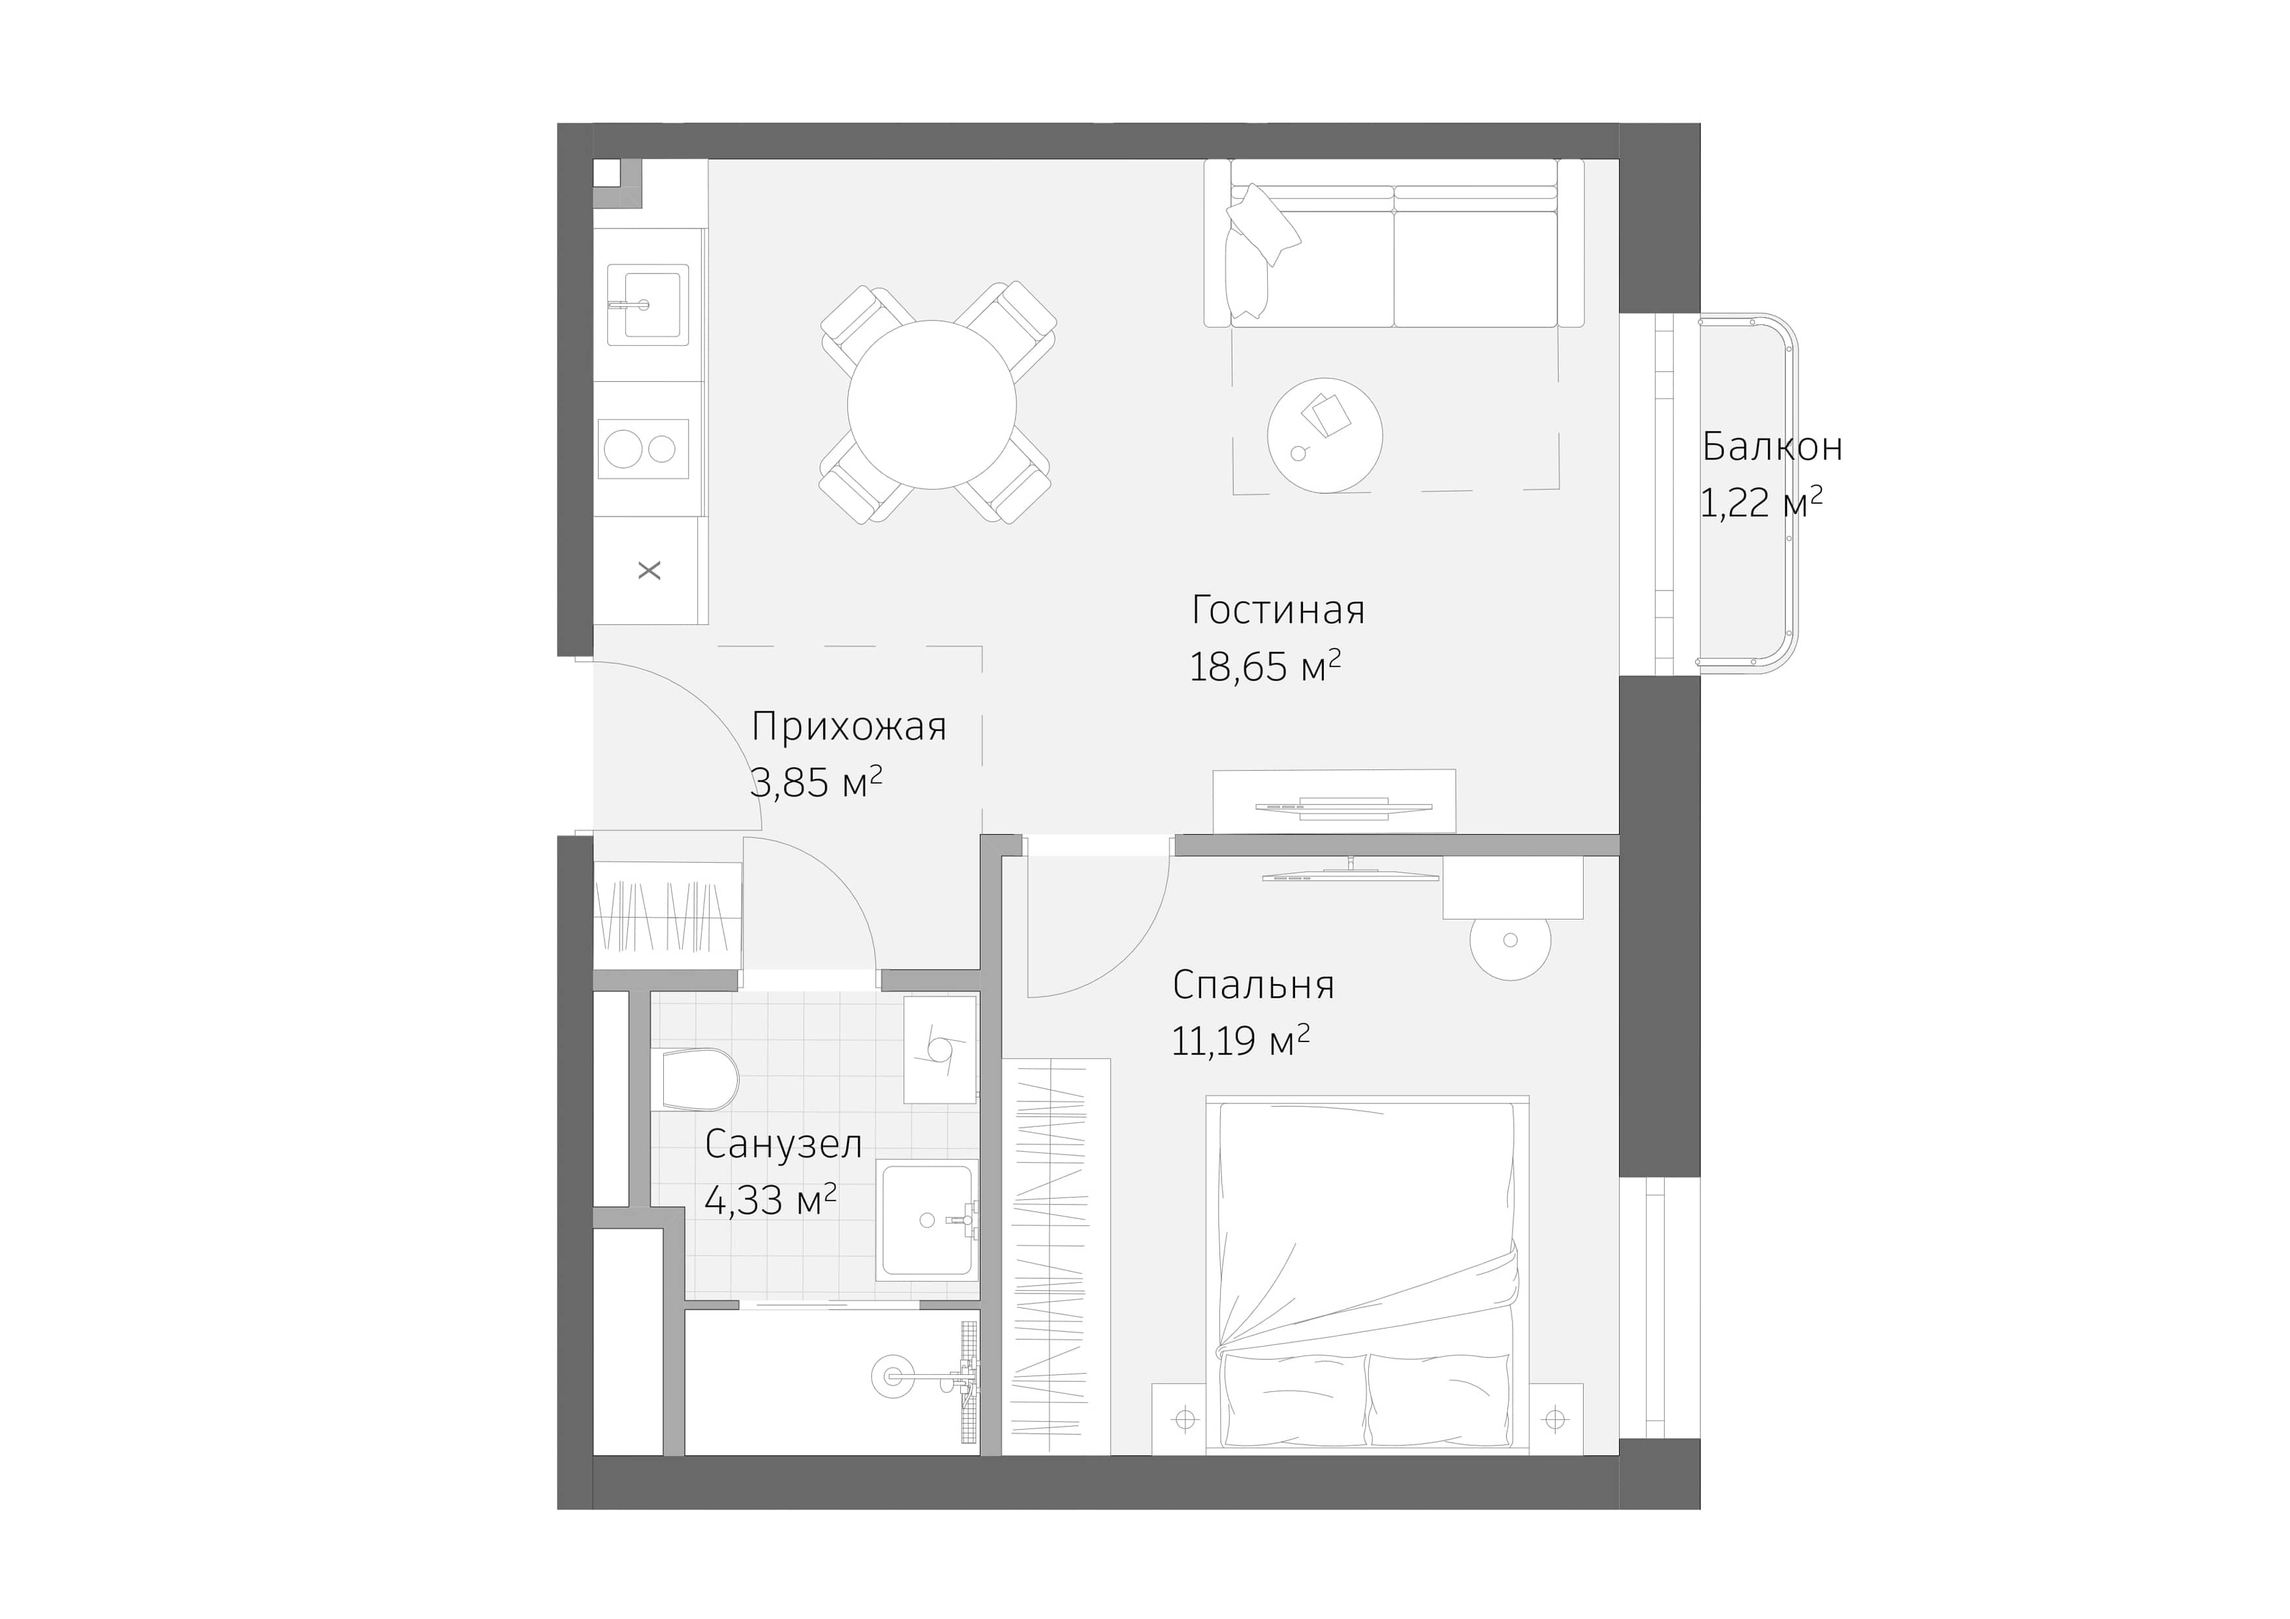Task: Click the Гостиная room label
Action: (x=1278, y=611)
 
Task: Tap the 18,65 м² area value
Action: (x=1264, y=667)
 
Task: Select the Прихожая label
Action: (x=848, y=728)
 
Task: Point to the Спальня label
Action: (x=1253, y=985)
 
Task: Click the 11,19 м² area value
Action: (x=1240, y=1041)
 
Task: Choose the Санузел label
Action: (x=783, y=1145)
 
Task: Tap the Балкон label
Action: (x=1772, y=446)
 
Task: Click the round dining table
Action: (x=932, y=405)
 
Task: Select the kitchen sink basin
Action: (x=648, y=304)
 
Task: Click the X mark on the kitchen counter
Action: (x=650, y=571)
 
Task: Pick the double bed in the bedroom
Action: (x=1366, y=1276)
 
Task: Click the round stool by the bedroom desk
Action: (x=1510, y=940)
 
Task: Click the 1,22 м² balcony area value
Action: (x=1761, y=503)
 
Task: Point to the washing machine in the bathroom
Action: (x=939, y=1050)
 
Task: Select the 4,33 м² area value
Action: (x=770, y=1200)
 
